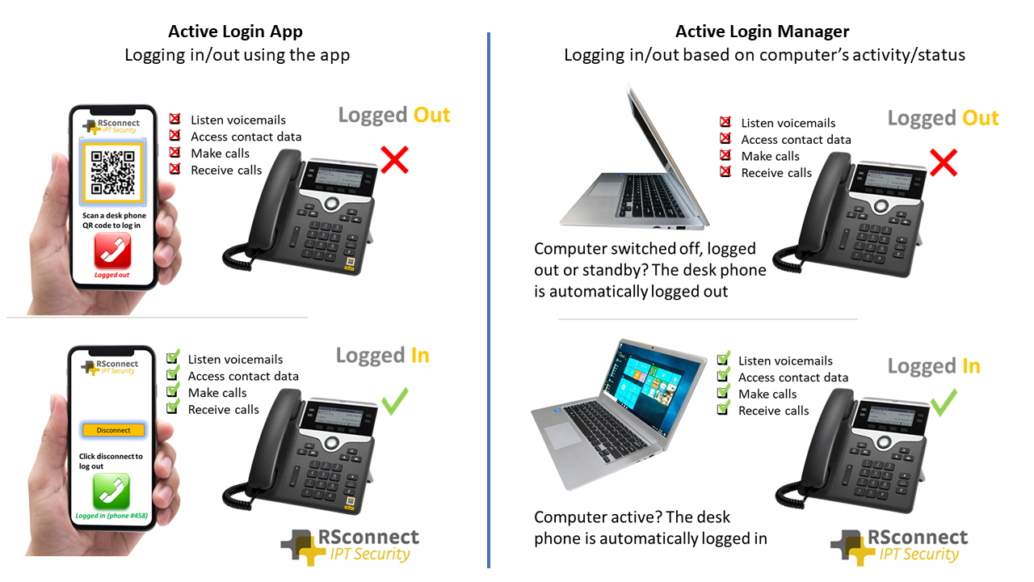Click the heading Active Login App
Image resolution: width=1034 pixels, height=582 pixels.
coord(235,32)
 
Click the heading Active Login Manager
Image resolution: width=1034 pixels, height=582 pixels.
coord(762,32)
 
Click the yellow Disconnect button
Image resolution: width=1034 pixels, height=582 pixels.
coord(113,430)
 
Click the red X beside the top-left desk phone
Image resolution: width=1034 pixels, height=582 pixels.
coord(394,160)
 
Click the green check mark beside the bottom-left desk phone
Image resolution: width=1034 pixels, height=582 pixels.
coord(394,401)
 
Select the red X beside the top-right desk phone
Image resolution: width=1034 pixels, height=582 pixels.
coord(943,163)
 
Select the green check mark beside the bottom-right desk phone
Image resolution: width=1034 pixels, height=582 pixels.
coord(943,402)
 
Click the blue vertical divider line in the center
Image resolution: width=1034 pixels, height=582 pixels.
coord(489,299)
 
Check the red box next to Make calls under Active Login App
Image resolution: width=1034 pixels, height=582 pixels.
coord(174,153)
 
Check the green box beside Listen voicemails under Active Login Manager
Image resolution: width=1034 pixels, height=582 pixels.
coord(724,360)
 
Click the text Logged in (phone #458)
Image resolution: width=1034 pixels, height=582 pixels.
coord(111,516)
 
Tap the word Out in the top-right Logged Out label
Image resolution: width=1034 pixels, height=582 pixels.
coord(980,118)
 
